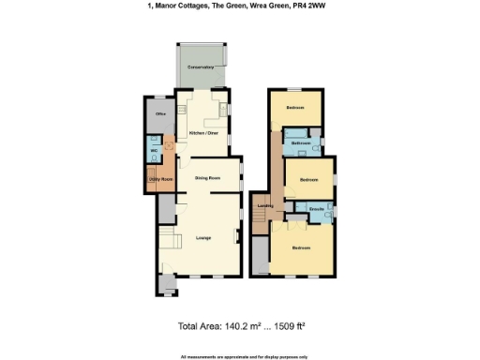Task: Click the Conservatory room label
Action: point(202,68)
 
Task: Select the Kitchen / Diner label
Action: point(203,133)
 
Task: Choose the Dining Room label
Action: point(207,177)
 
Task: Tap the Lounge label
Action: point(202,237)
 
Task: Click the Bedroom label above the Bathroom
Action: point(295,108)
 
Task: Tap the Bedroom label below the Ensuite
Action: point(301,247)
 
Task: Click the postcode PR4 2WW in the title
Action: point(319,6)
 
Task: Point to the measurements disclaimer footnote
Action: point(240,356)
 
